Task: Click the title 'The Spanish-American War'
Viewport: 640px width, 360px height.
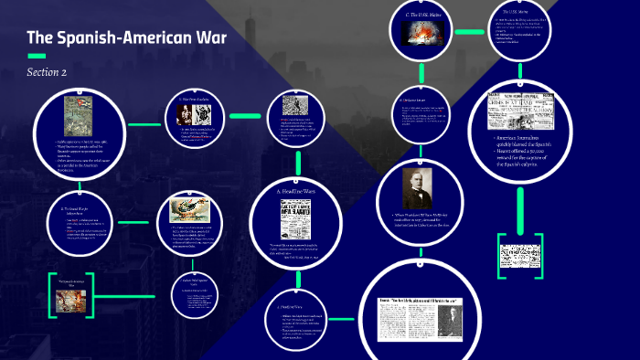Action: [x=126, y=38]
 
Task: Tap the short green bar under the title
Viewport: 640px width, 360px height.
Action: [x=37, y=56]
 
